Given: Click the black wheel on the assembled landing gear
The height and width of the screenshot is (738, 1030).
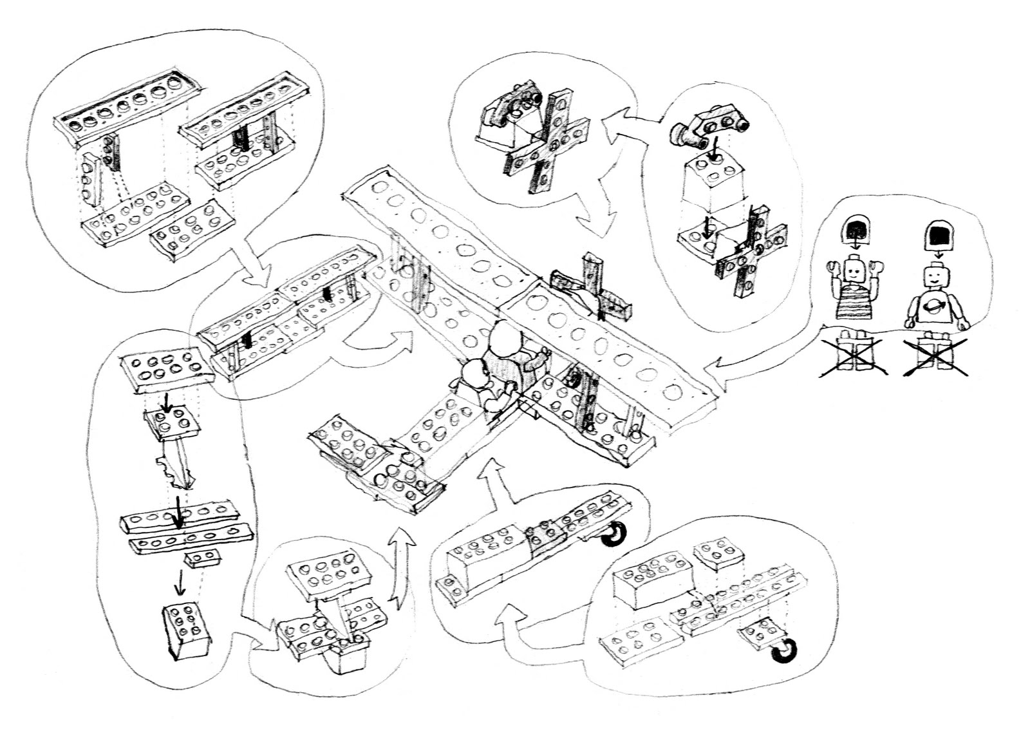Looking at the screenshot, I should (x=613, y=535).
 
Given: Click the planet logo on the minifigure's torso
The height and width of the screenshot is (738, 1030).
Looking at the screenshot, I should (x=935, y=308).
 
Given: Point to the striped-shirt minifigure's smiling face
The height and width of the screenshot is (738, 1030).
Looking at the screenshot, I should (x=854, y=270).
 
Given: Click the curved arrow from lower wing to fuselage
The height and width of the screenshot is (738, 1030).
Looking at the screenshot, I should (x=380, y=348).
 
